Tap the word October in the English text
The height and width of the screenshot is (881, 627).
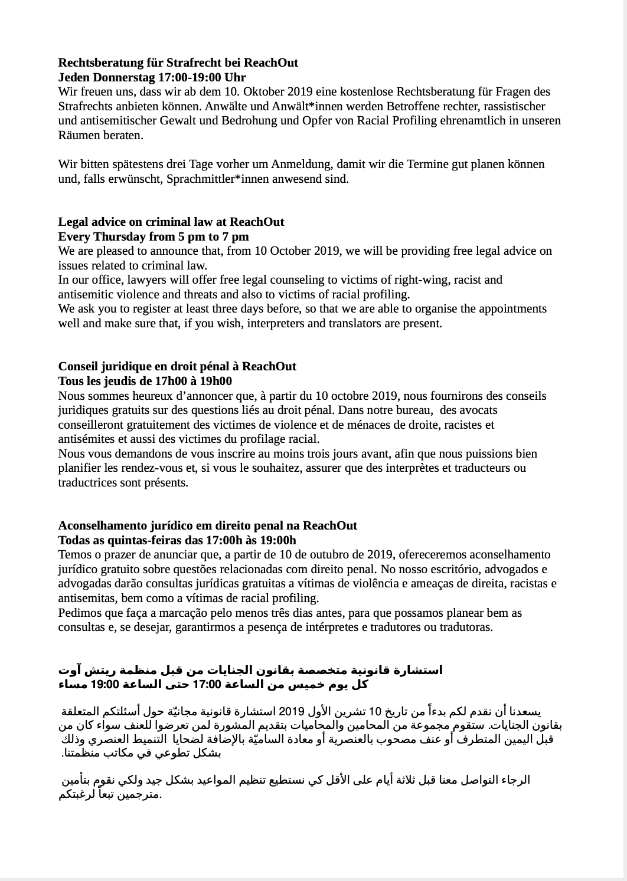(x=289, y=251)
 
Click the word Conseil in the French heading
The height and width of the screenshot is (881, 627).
(x=77, y=366)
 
